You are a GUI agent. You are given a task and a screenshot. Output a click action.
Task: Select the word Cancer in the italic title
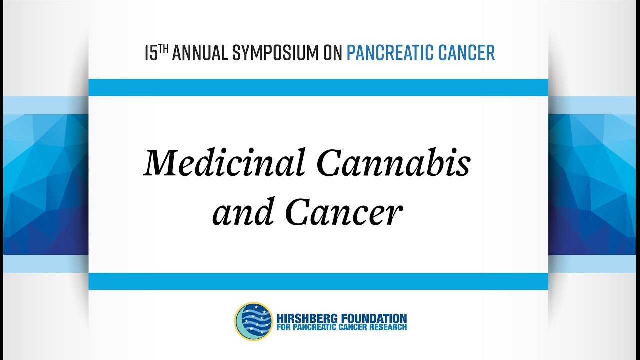pyautogui.click(x=344, y=212)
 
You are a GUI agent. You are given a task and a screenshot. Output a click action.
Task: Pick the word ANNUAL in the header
pyautogui.click(x=200, y=53)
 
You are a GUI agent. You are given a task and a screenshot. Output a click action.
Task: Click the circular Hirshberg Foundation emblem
pyautogui.click(x=254, y=321)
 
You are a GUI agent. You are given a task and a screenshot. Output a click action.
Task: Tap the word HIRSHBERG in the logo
pyautogui.click(x=305, y=318)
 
